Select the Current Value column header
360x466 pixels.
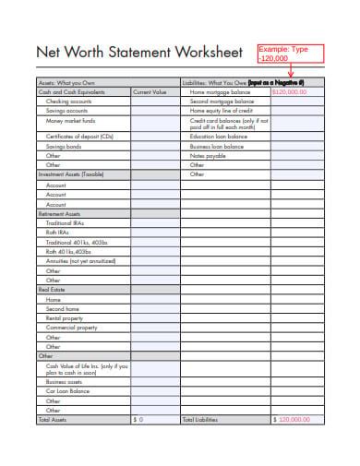pos(149,92)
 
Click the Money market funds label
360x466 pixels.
pos(68,120)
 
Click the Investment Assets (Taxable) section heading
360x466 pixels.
pos(70,173)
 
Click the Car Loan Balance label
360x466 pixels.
pos(68,390)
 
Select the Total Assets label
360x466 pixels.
pos(52,418)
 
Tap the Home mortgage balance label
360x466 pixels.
pos(220,92)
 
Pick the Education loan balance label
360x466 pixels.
pos(217,136)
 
